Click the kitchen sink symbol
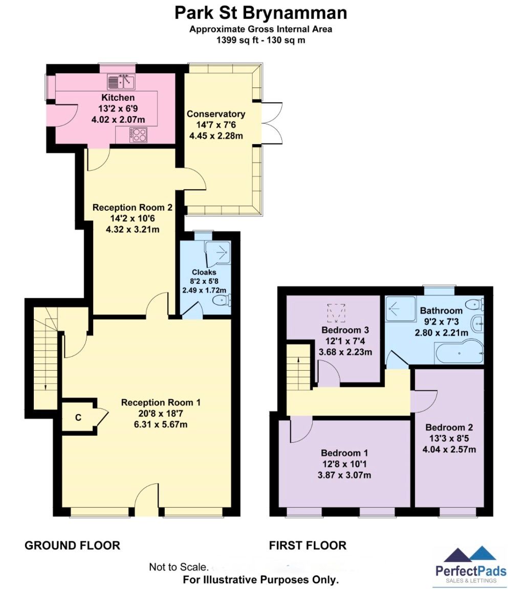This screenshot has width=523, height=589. (121, 81)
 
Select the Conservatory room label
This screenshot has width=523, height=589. (215, 114)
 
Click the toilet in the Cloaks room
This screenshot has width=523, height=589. (221, 300)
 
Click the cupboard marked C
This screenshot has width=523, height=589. (78, 417)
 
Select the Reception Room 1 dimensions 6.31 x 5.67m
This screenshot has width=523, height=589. (161, 424)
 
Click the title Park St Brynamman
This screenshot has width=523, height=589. (261, 12)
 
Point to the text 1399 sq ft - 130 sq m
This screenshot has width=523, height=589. (261, 39)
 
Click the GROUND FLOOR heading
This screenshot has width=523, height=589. (72, 546)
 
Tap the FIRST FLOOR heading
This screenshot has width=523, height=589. (308, 546)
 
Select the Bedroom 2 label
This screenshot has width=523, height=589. (449, 428)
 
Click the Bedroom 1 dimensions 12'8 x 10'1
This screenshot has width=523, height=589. (344, 464)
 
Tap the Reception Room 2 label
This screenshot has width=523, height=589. (132, 208)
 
